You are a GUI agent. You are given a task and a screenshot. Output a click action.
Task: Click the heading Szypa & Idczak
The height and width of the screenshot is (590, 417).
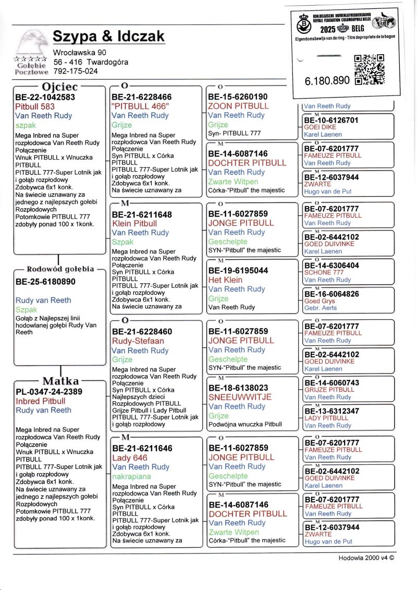(x=108, y=37)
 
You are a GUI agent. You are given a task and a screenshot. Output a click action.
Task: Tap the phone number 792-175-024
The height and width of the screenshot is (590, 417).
(x=76, y=71)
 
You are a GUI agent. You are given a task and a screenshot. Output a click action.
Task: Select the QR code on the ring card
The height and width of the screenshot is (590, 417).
(x=369, y=69)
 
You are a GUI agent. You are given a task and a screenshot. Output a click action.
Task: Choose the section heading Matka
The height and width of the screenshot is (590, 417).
(x=60, y=380)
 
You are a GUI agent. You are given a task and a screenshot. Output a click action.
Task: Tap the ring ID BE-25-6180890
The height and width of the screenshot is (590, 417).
(x=45, y=282)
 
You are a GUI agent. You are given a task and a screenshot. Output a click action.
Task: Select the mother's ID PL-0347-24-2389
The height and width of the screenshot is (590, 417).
(x=48, y=392)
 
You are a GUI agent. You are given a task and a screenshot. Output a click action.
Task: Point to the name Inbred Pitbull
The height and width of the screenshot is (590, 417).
(x=40, y=401)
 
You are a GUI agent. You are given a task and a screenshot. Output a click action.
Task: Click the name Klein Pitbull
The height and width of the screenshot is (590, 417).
(x=134, y=223)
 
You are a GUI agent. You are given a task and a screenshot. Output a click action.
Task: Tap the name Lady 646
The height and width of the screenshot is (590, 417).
(x=130, y=457)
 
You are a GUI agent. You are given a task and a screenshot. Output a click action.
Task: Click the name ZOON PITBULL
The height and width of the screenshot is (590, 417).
(x=238, y=106)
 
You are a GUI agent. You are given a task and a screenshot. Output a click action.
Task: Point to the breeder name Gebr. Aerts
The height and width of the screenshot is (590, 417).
(x=320, y=309)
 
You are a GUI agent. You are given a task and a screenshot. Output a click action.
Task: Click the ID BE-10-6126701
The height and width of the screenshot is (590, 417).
(x=331, y=120)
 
